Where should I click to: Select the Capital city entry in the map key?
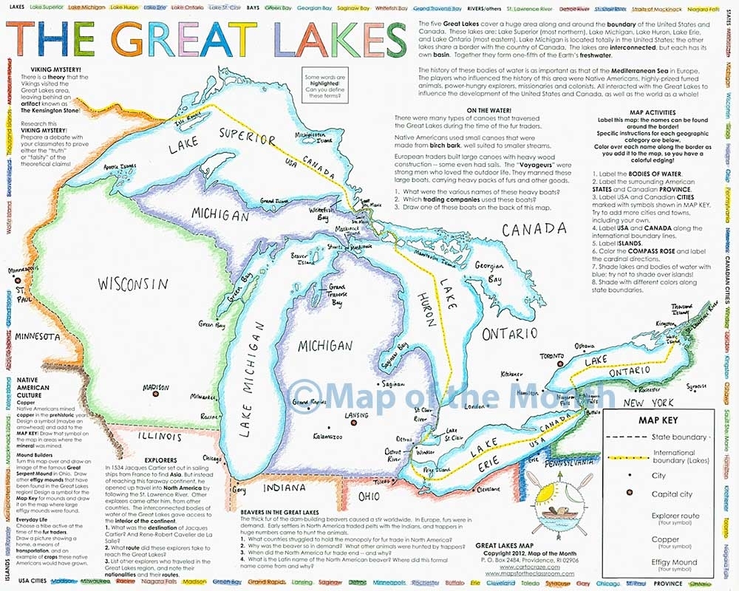click(x=673, y=494)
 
